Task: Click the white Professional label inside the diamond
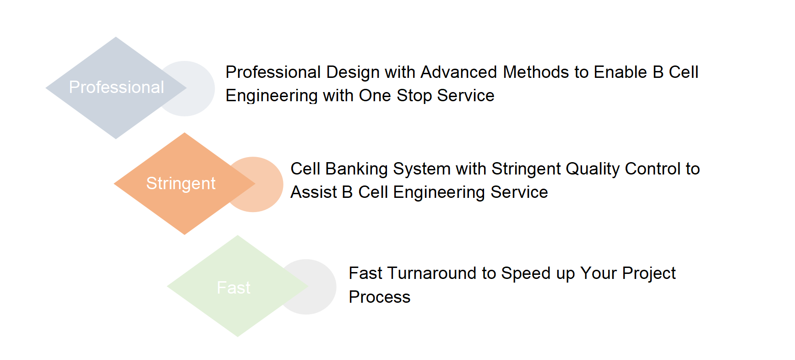click(116, 87)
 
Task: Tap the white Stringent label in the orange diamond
click(180, 184)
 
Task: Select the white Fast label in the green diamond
click(234, 288)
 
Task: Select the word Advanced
click(458, 72)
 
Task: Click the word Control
click(653, 169)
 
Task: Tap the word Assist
click(314, 192)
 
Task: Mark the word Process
click(380, 297)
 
